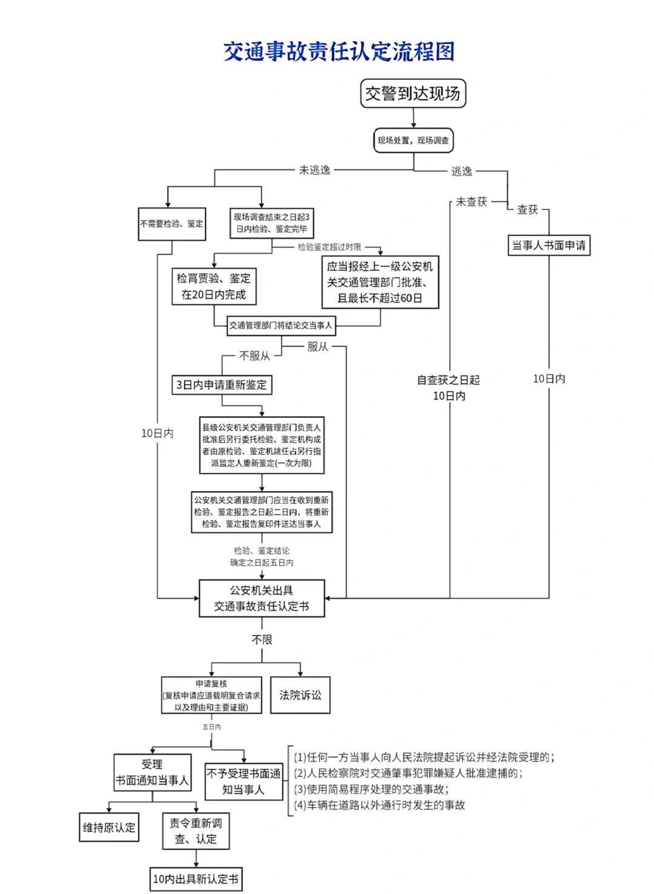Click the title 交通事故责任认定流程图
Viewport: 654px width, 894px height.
tap(339, 52)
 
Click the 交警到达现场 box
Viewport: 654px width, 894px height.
tap(413, 94)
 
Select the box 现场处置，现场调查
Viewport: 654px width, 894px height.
tap(413, 140)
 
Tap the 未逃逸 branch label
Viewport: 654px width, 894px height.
tap(314, 170)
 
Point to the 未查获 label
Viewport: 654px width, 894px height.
tap(471, 202)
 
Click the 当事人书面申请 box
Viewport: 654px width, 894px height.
tap(549, 246)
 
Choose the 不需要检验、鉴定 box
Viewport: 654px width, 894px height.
tap(172, 224)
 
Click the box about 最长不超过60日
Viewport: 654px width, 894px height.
tap(380, 282)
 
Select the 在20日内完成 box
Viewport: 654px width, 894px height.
tap(214, 287)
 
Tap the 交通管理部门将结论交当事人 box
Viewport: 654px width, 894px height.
tap(281, 325)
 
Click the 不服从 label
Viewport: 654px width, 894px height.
tap(254, 356)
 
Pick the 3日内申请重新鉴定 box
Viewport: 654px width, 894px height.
tap(221, 385)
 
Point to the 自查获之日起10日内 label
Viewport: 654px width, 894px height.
tap(449, 388)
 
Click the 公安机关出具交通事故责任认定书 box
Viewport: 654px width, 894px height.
tap(262, 598)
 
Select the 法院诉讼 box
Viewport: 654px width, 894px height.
tap(300, 695)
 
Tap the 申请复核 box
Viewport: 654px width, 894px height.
tap(211, 695)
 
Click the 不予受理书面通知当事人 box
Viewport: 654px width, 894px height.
tap(243, 781)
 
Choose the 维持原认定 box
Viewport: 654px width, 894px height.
tap(109, 827)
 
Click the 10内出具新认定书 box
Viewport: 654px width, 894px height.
tap(196, 879)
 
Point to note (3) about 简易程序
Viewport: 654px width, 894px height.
tap(371, 789)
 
